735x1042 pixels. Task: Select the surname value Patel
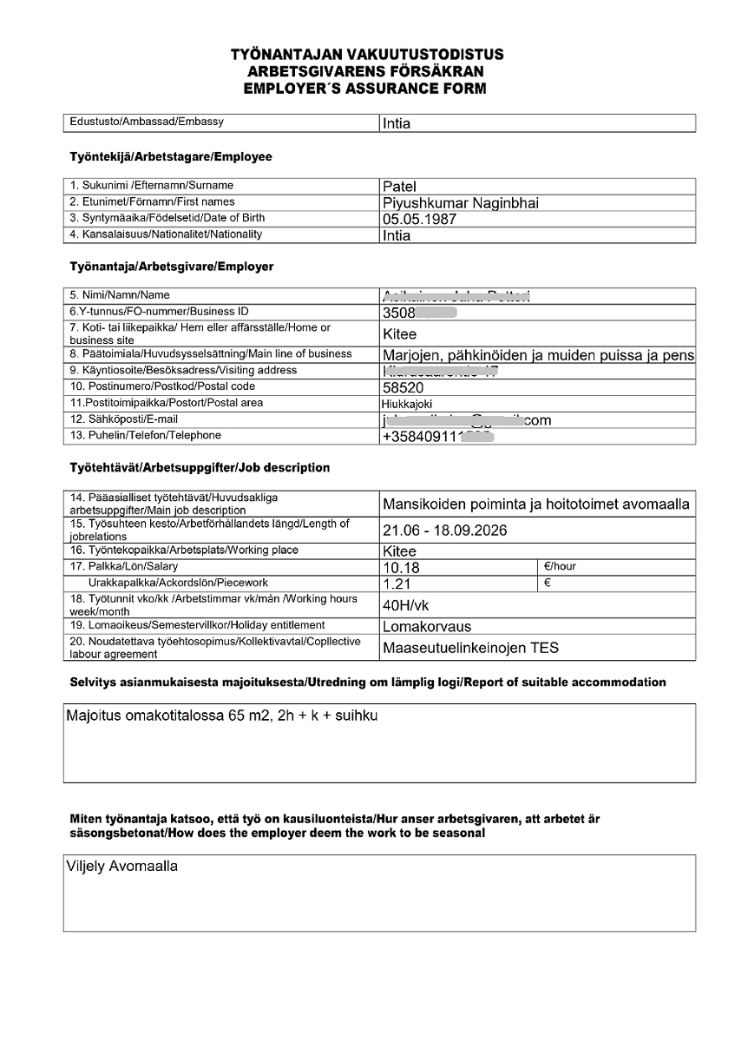point(400,187)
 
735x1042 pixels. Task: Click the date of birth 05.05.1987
point(419,219)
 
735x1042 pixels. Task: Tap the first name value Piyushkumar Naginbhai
point(460,203)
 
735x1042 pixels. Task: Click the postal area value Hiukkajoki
point(407,404)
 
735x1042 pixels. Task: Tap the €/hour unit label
point(560,566)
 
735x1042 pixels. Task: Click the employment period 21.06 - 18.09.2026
point(444,530)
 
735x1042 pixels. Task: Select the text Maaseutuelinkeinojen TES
point(470,648)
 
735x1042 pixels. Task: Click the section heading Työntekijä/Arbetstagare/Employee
point(171,157)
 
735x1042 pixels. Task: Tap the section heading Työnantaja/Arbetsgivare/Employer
point(172,267)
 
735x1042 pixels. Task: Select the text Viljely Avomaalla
point(121,867)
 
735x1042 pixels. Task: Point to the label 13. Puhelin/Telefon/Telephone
point(145,436)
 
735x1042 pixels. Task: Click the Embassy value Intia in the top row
point(397,123)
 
